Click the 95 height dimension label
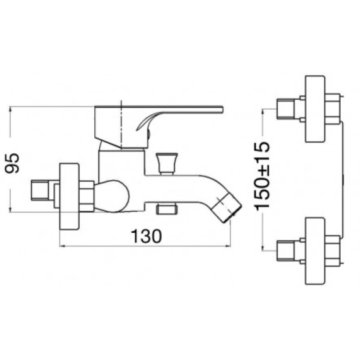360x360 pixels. (13, 163)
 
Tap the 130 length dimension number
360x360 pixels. (146, 236)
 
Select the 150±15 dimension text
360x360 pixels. (262, 176)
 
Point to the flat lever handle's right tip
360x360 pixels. (223, 109)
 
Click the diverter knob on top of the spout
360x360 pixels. (167, 163)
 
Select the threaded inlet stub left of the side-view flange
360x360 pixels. (40, 190)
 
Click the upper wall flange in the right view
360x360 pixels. (315, 109)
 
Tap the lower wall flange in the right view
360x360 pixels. (315, 251)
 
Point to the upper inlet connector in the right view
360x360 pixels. (286, 109)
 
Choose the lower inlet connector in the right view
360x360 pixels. (286, 251)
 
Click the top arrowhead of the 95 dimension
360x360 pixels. (10, 109)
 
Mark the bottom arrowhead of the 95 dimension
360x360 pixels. (10, 210)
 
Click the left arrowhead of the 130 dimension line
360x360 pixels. (62, 246)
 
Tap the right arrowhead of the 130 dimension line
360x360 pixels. (228, 246)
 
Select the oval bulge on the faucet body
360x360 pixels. (112, 196)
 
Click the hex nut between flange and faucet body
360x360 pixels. (86, 196)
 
